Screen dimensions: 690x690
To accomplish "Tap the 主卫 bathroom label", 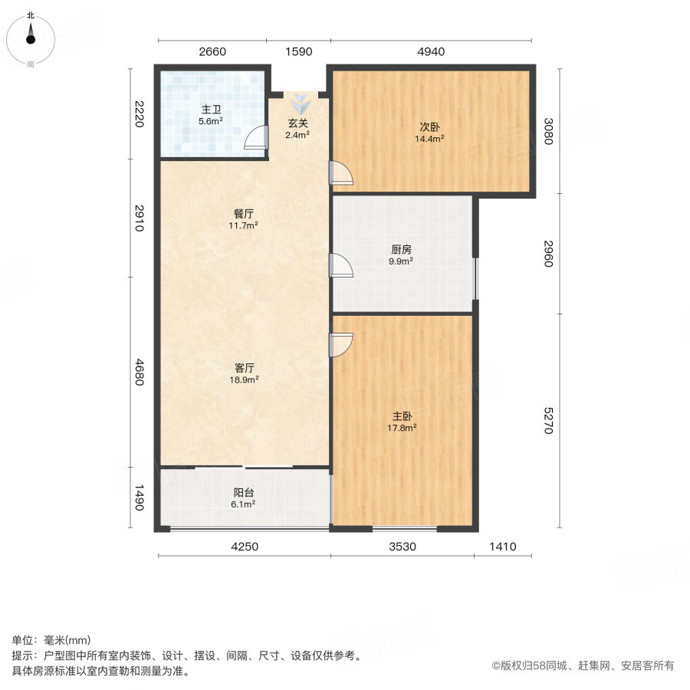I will pos(211,109).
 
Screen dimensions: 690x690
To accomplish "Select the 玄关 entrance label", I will pos(297,123).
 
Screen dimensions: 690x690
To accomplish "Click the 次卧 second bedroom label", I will pos(429,127).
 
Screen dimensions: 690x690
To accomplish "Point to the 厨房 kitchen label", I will pos(401,249).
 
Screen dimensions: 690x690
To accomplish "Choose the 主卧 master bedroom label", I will pos(402,417).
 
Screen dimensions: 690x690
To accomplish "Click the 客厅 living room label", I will pos(245,367).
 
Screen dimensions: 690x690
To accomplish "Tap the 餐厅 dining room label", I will pos(245,214).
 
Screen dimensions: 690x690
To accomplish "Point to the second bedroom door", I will pos(340,173).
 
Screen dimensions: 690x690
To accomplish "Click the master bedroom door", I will pos(340,345).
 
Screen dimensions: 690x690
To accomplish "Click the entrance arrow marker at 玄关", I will pos(298,103).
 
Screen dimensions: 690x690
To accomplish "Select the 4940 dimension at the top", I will pos(431,52).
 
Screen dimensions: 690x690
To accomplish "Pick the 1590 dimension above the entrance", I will pos(298,52).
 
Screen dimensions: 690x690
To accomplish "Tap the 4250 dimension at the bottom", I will pos(245,547).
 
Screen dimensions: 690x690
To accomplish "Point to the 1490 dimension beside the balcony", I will pos(139,499).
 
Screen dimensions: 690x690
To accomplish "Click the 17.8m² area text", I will pos(402,429).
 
